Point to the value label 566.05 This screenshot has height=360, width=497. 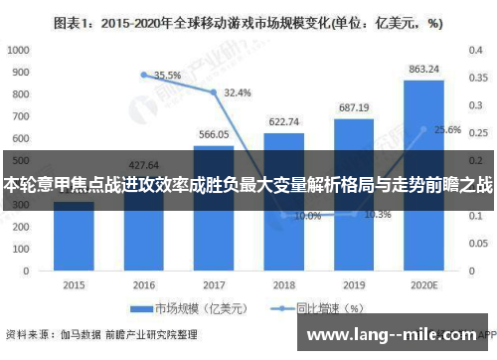tap(214, 134)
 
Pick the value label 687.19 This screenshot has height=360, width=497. tap(354, 107)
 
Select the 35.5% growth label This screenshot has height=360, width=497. tap(167, 75)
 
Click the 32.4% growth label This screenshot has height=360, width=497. tap(237, 92)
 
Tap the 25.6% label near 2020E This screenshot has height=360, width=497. tap(446, 130)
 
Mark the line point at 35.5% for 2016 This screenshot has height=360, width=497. tap(144, 75)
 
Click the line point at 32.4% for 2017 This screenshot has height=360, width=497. tap(214, 92)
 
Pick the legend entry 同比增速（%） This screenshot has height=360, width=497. tap(328, 308)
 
